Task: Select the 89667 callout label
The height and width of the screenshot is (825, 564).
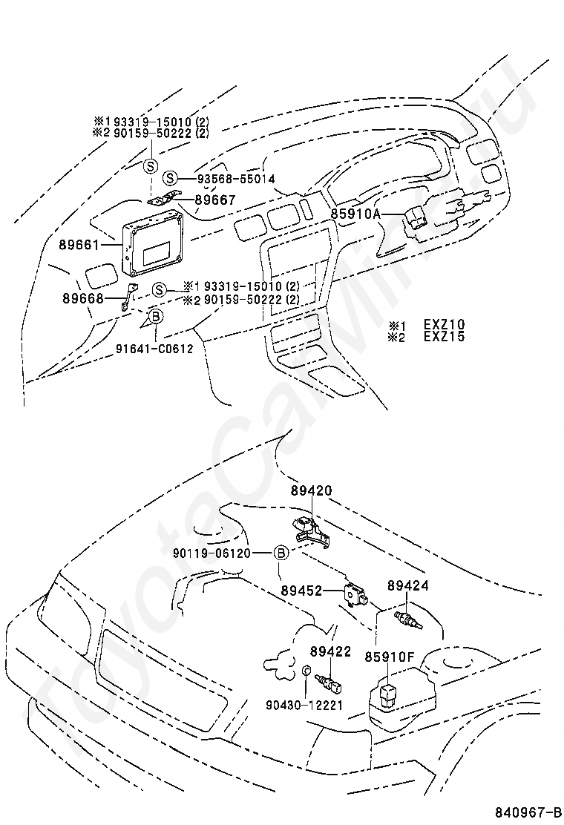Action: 215,200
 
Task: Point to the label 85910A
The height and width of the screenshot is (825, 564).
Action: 355,215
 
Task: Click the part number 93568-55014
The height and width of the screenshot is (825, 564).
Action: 235,179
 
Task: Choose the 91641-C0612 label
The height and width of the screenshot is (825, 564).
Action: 154,348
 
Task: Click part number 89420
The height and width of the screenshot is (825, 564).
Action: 311,490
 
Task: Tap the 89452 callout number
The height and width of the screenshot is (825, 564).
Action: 301,591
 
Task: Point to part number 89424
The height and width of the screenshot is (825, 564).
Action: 407,585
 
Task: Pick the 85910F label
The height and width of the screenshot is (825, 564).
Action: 388,656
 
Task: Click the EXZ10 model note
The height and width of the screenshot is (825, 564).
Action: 444,324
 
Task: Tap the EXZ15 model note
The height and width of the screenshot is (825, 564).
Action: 444,336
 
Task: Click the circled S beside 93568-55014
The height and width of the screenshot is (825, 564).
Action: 171,178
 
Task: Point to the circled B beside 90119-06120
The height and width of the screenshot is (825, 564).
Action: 281,553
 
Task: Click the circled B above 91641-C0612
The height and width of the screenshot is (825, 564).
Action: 156,317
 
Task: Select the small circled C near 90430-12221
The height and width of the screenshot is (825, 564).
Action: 306,671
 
